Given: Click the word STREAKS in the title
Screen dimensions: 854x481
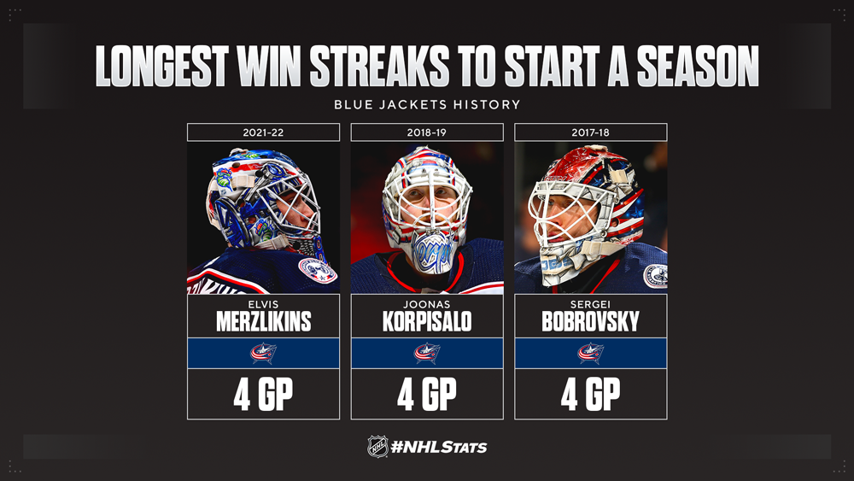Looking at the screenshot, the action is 380,67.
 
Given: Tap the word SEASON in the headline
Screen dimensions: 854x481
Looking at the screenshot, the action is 698,67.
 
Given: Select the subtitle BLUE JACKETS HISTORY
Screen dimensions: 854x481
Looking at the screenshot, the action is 427,104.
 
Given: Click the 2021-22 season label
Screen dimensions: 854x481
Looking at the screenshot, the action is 263,132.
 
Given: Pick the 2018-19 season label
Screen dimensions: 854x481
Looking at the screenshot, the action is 426,132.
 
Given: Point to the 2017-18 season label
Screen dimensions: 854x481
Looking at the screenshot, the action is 590,132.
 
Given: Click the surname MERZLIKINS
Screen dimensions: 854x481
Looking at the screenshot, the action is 264,321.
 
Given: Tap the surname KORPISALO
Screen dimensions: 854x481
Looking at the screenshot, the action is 427,321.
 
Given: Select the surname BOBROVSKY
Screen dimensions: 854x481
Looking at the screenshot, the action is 590,321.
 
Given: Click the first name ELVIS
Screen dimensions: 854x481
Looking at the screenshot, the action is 263,304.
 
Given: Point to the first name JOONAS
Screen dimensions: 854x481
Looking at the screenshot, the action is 427,304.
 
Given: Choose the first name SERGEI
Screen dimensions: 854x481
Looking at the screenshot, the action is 590,304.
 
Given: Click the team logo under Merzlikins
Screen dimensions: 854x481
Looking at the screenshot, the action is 264,353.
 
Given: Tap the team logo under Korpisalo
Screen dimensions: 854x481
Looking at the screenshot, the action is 427,353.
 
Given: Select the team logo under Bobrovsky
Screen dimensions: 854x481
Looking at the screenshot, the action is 591,353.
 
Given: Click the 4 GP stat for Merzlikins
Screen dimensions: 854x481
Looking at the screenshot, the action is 263,394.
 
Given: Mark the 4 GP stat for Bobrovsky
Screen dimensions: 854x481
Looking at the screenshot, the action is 590,394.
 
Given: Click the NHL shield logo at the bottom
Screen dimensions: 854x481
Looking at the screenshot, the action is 377,447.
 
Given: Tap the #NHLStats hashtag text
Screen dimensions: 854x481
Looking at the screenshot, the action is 439,448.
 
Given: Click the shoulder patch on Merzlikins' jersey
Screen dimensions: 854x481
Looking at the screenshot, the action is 318,270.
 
